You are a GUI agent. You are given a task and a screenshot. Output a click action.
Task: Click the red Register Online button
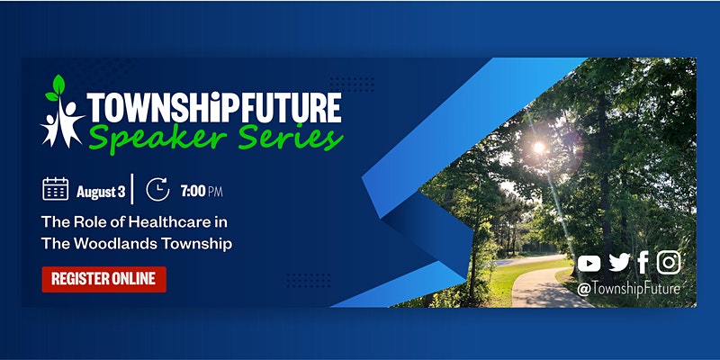[x=103, y=279]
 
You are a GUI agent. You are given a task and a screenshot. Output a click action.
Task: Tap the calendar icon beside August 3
[x=56, y=189]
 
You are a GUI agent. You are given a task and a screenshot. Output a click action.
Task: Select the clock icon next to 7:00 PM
[x=157, y=189]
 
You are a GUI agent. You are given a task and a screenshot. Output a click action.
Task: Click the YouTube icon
[x=589, y=264]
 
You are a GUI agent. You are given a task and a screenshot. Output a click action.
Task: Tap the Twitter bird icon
[x=619, y=263]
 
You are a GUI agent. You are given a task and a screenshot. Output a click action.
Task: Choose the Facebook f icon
[x=643, y=262]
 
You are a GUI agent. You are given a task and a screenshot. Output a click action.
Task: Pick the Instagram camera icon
[x=669, y=262]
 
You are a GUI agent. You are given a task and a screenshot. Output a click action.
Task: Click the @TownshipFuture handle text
[x=628, y=289]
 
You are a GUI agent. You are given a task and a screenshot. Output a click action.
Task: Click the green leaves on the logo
[x=56, y=88]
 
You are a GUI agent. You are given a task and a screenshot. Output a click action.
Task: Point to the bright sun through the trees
[x=538, y=148]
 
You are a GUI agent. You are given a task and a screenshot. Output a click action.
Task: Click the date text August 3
[x=101, y=192]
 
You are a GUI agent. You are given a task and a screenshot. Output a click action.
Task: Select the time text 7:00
[x=193, y=191]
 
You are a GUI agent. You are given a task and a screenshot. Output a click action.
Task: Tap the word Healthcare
[x=165, y=222]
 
